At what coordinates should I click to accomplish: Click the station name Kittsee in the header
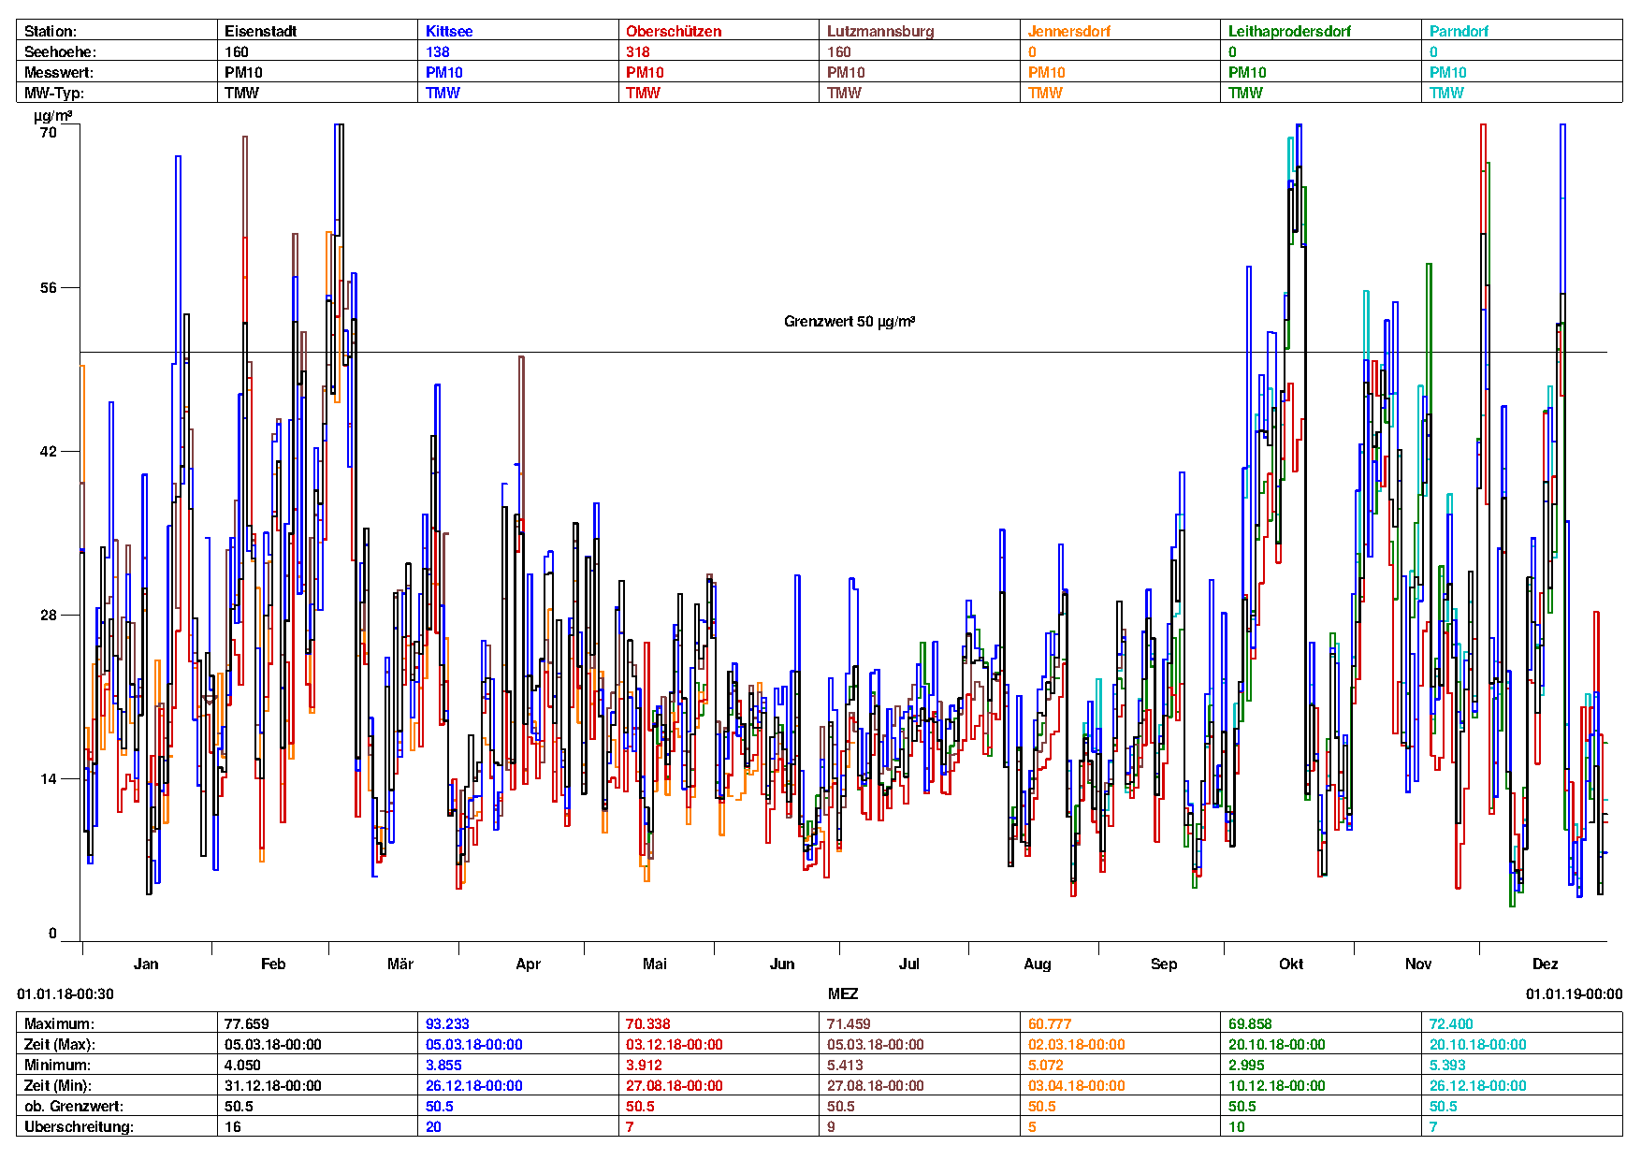[449, 31]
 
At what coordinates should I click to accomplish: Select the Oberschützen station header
[674, 31]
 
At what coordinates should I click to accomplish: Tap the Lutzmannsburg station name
[879, 31]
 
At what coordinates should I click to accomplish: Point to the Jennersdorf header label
[1068, 31]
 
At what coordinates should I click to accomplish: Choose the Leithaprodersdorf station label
[1289, 31]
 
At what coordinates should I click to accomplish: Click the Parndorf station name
[1459, 31]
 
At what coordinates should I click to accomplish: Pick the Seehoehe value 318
[638, 51]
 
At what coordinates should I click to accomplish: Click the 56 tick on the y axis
[49, 287]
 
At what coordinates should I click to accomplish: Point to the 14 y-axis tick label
[49, 778]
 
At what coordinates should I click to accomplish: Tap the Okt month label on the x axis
[1291, 964]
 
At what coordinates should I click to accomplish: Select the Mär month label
[400, 964]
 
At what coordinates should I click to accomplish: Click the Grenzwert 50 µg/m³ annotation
[849, 321]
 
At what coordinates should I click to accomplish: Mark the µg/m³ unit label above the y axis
[52, 116]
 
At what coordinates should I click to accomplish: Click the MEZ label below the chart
[842, 993]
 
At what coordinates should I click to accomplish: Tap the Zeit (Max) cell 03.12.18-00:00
[674, 1044]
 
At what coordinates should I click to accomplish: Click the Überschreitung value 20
[433, 1126]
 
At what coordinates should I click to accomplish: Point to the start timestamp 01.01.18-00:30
[65, 993]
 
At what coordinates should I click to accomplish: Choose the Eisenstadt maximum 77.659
[247, 1023]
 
